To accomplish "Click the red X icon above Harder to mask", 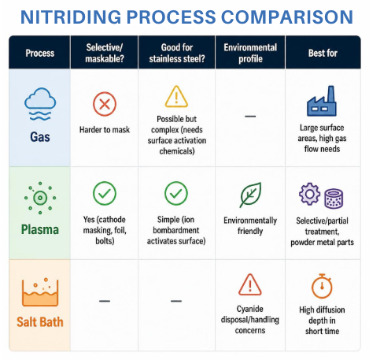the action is pos(105,104).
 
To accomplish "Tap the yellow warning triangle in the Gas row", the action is pos(176,97).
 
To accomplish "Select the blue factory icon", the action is pos(322,101).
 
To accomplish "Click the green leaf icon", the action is pos(250,195).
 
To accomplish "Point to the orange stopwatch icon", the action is pos(322,286).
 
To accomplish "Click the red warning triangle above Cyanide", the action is pos(250,284).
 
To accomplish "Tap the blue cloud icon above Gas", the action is pos(40,104).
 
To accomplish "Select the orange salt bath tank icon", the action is pos(40,292).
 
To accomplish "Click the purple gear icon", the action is pos(309,194).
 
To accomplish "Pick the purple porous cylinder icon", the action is pos(334,199).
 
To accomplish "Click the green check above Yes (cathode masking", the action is pos(105,193).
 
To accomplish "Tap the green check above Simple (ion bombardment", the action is pos(176,193).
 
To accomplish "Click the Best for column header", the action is pos(323,53).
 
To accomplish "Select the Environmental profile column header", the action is pos(250,53).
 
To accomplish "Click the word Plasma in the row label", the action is pos(40,229).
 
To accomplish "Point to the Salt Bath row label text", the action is pos(40,322).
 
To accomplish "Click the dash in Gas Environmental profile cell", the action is pos(250,116).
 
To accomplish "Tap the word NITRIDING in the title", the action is pos(71,17).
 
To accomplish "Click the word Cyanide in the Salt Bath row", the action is pos(250,309).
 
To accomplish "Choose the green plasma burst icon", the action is pos(40,198).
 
